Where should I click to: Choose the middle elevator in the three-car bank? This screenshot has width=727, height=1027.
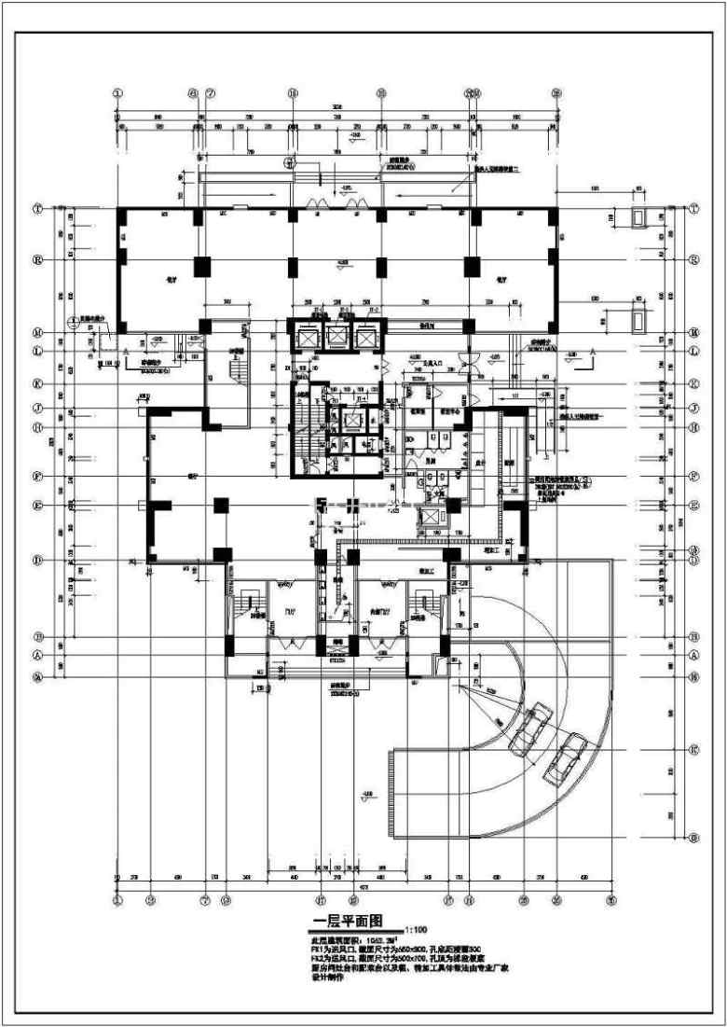click(336, 338)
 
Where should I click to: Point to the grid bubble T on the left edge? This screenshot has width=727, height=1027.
click(38, 210)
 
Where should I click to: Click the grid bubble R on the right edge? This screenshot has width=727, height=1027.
click(693, 260)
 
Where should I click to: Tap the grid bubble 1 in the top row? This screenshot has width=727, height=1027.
click(118, 92)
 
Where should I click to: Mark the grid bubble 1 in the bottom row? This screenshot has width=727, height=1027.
click(118, 901)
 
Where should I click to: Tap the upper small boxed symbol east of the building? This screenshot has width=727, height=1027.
click(638, 218)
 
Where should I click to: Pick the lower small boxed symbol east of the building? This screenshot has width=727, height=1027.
click(638, 319)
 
